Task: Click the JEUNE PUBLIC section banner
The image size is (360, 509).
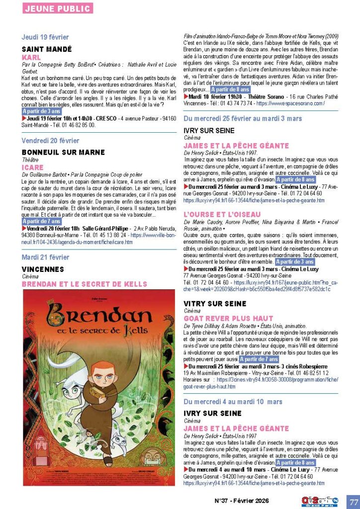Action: click(57, 8)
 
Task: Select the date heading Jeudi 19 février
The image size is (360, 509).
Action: click(45, 37)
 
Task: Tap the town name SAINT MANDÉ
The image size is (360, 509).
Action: click(47, 49)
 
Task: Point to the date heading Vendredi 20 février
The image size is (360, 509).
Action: click(50, 141)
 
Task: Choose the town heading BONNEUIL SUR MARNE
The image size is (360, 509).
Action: click(63, 152)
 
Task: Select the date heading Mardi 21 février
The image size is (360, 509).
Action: click(45, 257)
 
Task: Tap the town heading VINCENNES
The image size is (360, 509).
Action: click(43, 269)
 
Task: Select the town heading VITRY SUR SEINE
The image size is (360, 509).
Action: click(215, 303)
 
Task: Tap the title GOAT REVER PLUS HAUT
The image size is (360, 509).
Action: click(228, 318)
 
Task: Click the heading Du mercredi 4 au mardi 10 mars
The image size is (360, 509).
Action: click(233, 401)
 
